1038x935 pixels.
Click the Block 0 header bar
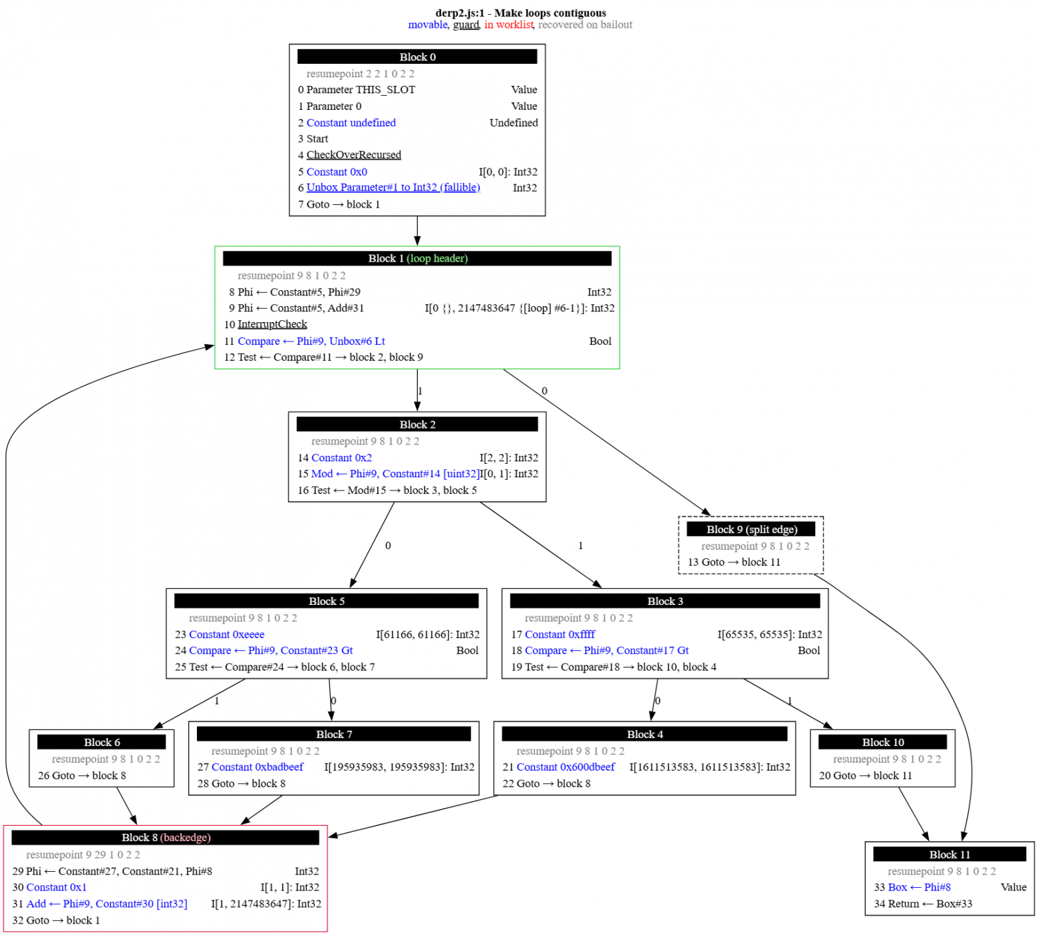pyautogui.click(x=417, y=57)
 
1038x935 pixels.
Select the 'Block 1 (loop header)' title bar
pyautogui.click(x=417, y=259)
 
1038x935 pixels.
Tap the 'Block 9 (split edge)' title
pyautogui.click(x=751, y=530)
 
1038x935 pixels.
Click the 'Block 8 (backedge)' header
pyautogui.click(x=166, y=838)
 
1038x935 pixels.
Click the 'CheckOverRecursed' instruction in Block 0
pyautogui.click(x=353, y=155)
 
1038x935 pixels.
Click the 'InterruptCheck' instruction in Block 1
pyautogui.click(x=272, y=325)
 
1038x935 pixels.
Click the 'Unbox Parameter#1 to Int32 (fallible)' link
pyautogui.click(x=393, y=188)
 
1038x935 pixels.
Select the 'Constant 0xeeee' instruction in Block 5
pyautogui.click(x=226, y=635)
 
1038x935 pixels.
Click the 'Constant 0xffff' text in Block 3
pyautogui.click(x=560, y=635)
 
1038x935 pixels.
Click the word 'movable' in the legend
pyautogui.click(x=428, y=25)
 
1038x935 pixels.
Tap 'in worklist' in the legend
pyautogui.click(x=508, y=25)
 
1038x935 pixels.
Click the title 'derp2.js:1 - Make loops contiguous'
pyautogui.click(x=520, y=13)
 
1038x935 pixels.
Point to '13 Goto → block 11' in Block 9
pyautogui.click(x=734, y=562)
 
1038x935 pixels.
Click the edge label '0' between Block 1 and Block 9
pyautogui.click(x=544, y=391)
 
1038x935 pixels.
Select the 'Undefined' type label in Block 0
pyautogui.click(x=513, y=123)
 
